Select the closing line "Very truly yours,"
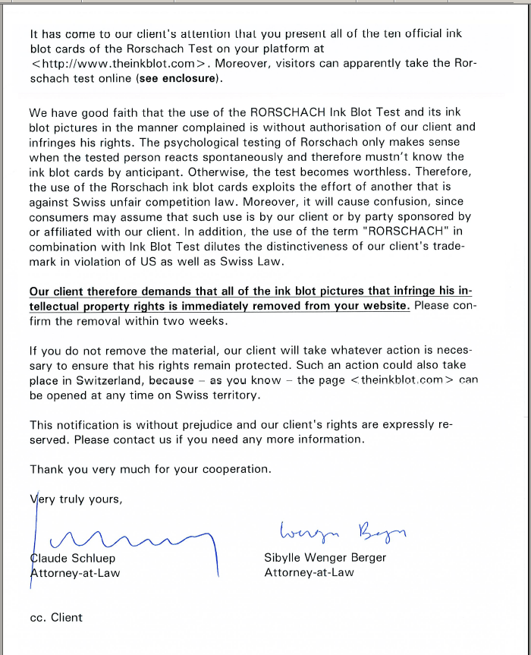click(76, 499)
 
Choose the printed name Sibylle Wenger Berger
click(325, 558)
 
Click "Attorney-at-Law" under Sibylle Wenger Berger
click(309, 573)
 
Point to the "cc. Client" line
click(56, 617)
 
